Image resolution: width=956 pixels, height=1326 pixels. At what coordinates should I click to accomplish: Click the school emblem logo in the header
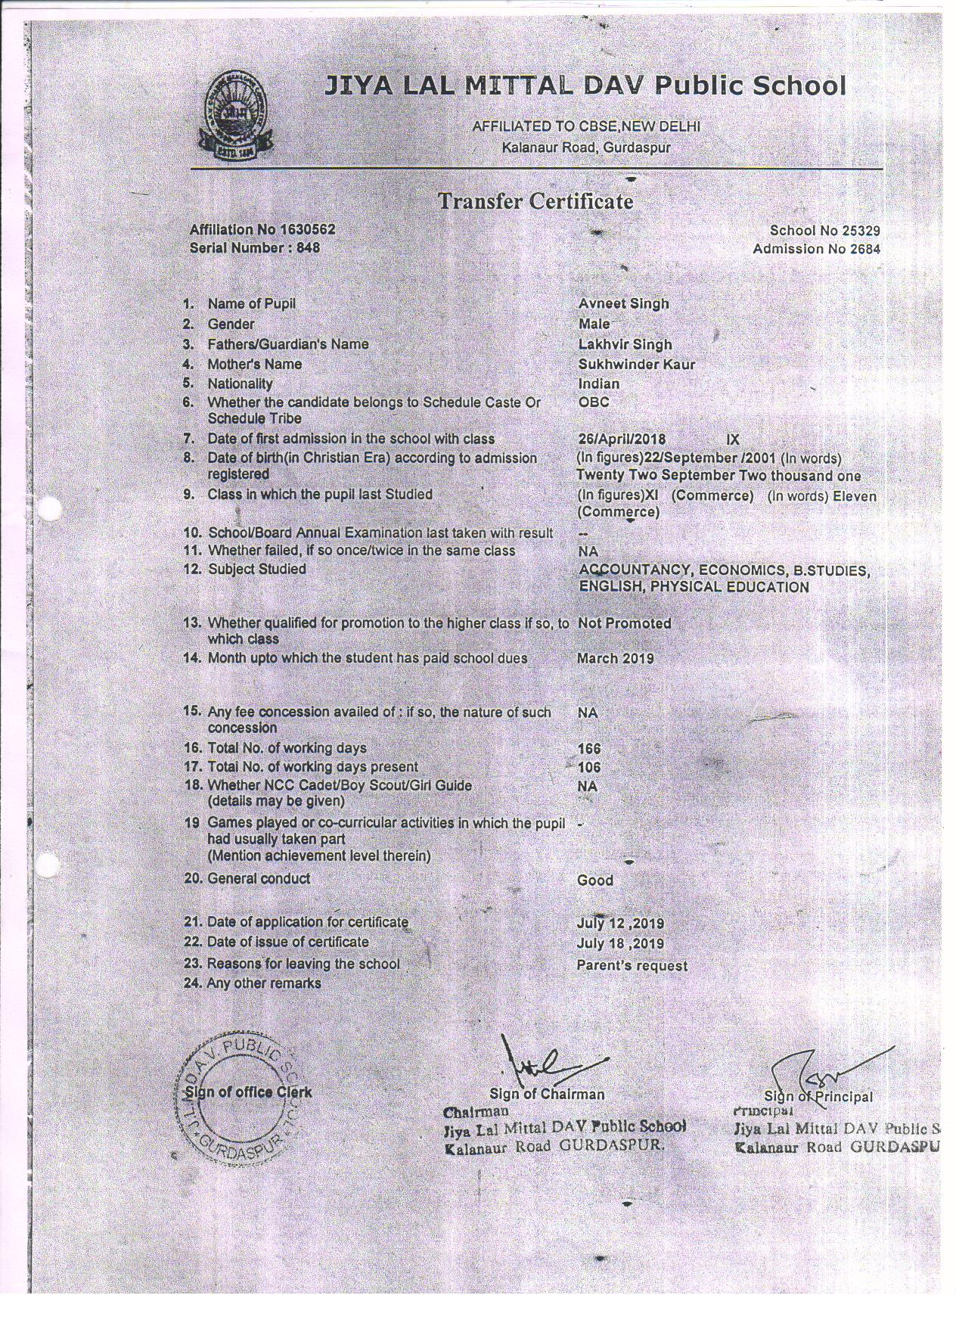tap(231, 114)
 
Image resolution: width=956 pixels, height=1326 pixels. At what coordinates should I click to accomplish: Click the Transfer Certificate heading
tap(535, 201)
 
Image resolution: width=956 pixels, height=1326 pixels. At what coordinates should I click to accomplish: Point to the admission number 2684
tap(864, 249)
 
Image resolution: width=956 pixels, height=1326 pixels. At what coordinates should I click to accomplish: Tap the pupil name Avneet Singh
tap(623, 304)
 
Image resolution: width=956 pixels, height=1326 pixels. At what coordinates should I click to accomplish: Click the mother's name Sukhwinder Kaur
tap(636, 364)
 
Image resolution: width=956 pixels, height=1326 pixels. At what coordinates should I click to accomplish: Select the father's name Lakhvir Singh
tap(625, 344)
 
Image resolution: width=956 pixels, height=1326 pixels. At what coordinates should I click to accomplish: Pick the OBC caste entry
tap(594, 402)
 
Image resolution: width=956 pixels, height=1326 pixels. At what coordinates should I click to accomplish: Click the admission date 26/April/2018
tap(621, 439)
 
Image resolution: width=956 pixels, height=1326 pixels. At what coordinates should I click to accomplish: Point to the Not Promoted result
tap(624, 623)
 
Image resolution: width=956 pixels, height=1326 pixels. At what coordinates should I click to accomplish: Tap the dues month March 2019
tap(615, 658)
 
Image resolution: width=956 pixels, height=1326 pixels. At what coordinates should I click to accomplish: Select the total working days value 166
tap(588, 748)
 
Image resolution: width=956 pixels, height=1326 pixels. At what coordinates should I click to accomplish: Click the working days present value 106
tap(588, 767)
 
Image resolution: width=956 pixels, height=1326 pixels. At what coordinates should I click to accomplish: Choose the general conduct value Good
tap(594, 880)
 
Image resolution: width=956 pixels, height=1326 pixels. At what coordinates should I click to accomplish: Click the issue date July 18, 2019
tap(620, 943)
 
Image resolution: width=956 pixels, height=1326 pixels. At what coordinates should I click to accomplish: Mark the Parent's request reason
tap(632, 965)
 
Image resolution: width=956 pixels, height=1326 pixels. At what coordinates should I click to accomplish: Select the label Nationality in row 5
tap(240, 384)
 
